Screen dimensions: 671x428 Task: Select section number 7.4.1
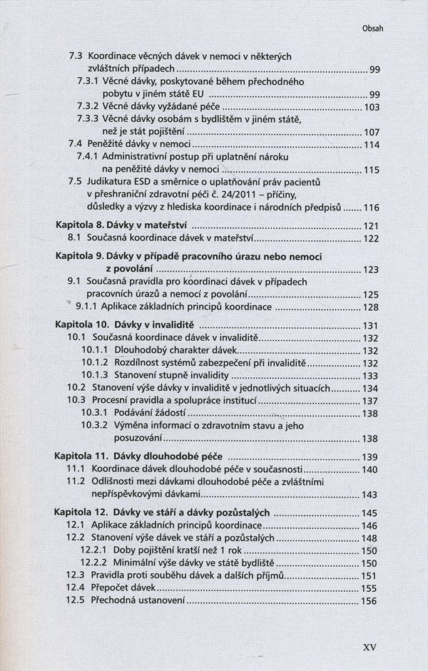click(89, 156)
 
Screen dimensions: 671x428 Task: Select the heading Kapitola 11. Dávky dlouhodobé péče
click(139, 456)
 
